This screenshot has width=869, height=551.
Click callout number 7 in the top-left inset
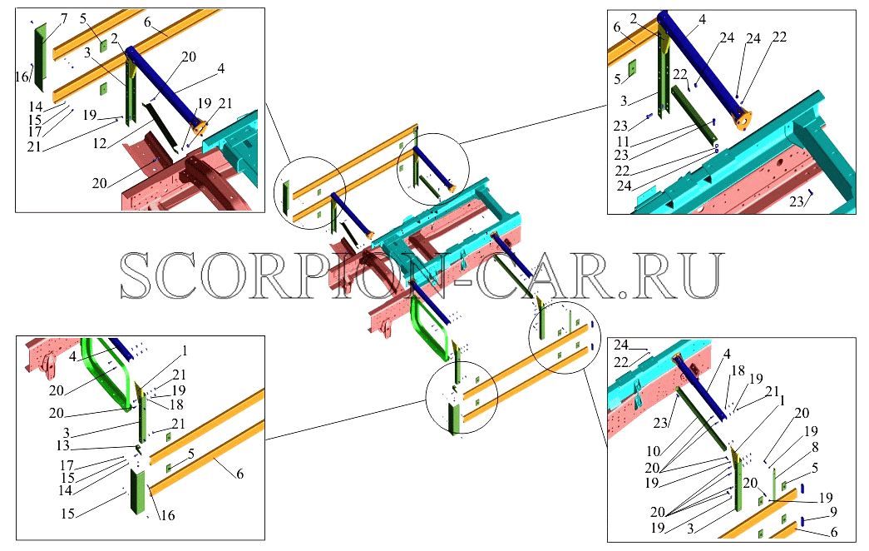[x=64, y=19]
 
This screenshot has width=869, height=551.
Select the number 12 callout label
[x=100, y=144]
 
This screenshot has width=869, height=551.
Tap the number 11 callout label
[x=624, y=142]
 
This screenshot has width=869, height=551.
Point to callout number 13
[x=62, y=445]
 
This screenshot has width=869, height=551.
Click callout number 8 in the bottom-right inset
[x=815, y=447]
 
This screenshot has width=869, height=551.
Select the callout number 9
[x=833, y=512]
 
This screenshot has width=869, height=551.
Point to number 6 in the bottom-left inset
[x=239, y=474]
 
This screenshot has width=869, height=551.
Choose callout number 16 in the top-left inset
[x=22, y=77]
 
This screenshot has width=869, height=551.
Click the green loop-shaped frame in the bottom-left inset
[x=106, y=373]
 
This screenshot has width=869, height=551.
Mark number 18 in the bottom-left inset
[x=176, y=405]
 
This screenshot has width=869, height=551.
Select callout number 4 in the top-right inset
[x=702, y=20]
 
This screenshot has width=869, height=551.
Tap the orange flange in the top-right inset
[x=743, y=120]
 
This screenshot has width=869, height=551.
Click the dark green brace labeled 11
[x=692, y=112]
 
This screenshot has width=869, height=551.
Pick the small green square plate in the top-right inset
[x=632, y=68]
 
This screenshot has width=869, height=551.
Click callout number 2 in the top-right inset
[x=633, y=19]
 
